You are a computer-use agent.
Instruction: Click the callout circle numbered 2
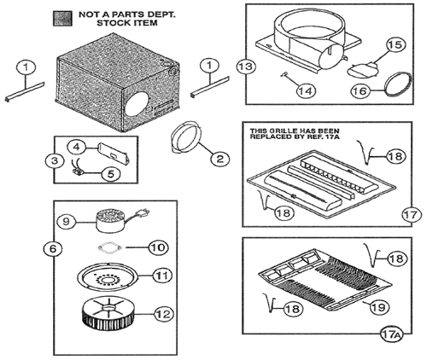coord(220,159)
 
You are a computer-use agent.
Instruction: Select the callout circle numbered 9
coord(66,222)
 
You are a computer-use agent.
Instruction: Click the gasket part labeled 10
coord(110,248)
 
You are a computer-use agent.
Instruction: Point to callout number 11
coord(162,276)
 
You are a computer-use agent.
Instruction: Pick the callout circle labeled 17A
coord(392,334)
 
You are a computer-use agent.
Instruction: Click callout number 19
coord(378,307)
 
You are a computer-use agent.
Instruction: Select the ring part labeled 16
coord(398,84)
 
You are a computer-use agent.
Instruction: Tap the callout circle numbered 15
coord(395,45)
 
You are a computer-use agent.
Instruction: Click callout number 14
coord(307,91)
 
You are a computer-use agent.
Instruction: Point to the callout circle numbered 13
coord(246,67)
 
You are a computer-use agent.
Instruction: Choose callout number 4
coord(76,148)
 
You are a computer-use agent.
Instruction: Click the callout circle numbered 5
coord(110,174)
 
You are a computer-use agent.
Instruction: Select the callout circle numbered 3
coord(55,160)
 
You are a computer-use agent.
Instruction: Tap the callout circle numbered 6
coord(53,249)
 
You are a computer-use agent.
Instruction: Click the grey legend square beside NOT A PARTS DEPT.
coord(62,19)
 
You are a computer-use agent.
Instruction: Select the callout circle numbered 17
coord(412,215)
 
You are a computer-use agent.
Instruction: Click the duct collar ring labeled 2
coord(187,137)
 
